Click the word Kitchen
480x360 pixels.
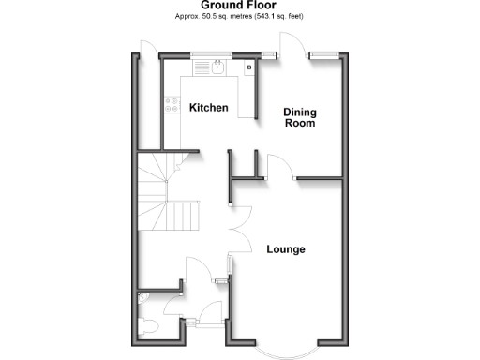point(208,108)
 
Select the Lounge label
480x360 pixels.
point(285,249)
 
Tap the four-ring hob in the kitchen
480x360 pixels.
point(172,106)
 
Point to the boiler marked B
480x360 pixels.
point(249,67)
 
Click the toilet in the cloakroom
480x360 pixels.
point(151,328)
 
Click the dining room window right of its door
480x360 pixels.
point(327,54)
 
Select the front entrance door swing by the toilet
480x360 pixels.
point(176,309)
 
